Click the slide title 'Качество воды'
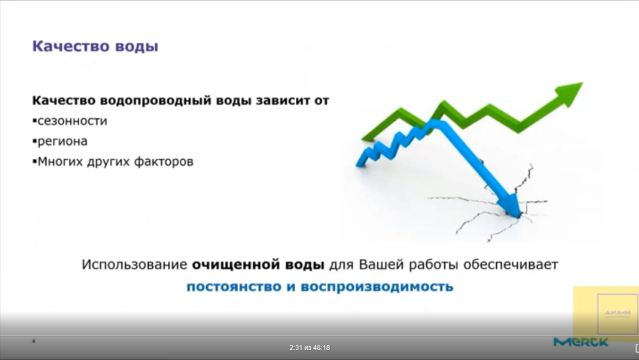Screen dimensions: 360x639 click(95, 47)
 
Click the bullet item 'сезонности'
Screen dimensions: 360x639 click(72, 121)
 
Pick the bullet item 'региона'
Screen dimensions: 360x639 click(62, 142)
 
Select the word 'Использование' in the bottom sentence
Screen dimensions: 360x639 click(134, 265)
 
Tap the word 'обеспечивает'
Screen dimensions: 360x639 click(510, 265)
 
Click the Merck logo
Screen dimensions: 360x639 click(580, 342)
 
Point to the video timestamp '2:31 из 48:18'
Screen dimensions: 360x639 click(310, 348)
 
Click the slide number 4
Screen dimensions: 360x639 click(34, 341)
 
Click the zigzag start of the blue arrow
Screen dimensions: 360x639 click(374, 152)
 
